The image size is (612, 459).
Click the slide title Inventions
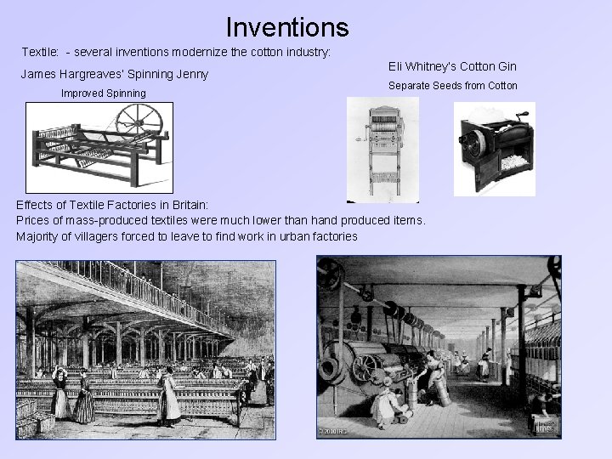pyautogui.click(x=287, y=26)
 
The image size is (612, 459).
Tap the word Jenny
pyautogui.click(x=192, y=74)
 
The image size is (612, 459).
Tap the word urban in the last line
pyautogui.click(x=280, y=236)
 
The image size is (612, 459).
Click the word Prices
pyautogui.click(x=32, y=221)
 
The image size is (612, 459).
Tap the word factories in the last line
pyautogui.click(x=331, y=236)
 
